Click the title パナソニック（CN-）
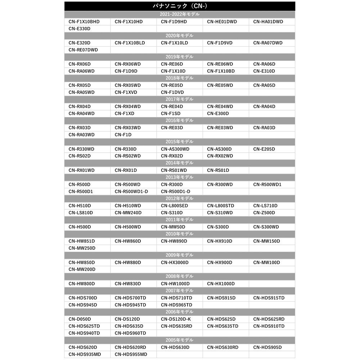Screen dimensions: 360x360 pyautogui.click(x=180, y=6)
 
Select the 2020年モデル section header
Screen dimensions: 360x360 pyautogui.click(x=180, y=36)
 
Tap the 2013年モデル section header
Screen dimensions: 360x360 pyautogui.click(x=180, y=177)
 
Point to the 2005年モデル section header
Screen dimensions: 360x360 pyautogui.click(x=180, y=340)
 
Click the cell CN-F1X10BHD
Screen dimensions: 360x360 pyautogui.click(x=84, y=22)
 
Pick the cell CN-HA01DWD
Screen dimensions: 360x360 pyautogui.click(x=268, y=22)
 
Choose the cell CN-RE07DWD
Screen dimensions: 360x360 pyautogui.click(x=83, y=50)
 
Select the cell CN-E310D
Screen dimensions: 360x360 pyautogui.click(x=264, y=71)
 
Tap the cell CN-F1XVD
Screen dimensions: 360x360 pyautogui.click(x=126, y=92)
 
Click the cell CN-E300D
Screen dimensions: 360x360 pyautogui.click(x=218, y=113)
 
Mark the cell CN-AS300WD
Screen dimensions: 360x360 pyautogui.click(x=175, y=149)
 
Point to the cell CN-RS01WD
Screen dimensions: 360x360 pyautogui.click(x=174, y=170)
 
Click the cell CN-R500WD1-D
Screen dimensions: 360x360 pyautogui.click(x=131, y=192)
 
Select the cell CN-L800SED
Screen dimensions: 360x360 pyautogui.click(x=174, y=206)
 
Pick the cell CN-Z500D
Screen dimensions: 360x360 pyautogui.click(x=264, y=213)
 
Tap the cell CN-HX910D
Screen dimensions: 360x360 pyautogui.click(x=220, y=241)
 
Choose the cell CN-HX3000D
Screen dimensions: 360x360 pyautogui.click(x=175, y=262)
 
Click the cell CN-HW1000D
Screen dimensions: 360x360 pyautogui.click(x=175, y=284)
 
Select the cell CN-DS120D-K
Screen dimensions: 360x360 pyautogui.click(x=176, y=319)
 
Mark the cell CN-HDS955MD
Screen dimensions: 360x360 pyautogui.click(x=131, y=354)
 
